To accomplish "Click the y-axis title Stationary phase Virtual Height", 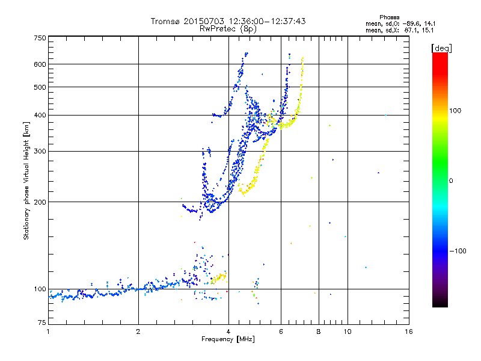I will [26, 180].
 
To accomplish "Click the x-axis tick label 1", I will [48, 332].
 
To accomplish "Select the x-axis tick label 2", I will [138, 332].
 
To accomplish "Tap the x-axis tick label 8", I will [319, 332].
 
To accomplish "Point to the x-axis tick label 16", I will [408, 332].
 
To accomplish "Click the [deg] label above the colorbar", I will [442, 48].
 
